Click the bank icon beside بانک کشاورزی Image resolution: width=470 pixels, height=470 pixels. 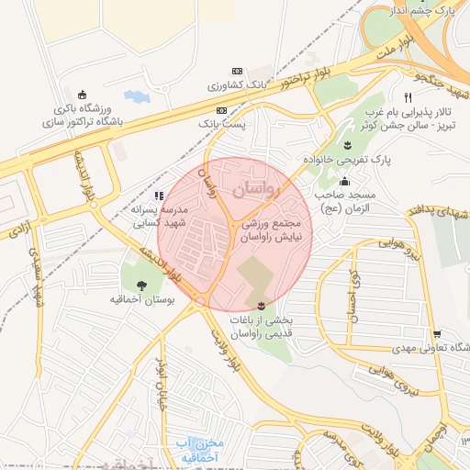(238, 71)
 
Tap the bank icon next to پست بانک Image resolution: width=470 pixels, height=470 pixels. (220, 109)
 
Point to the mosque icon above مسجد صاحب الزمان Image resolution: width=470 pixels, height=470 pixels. (343, 182)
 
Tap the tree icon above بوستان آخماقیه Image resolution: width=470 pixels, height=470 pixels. (141, 283)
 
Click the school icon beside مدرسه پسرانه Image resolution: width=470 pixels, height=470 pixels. (159, 195)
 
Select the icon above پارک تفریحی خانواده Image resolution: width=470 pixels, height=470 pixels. (347, 144)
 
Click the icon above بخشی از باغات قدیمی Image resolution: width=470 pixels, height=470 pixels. (262, 304)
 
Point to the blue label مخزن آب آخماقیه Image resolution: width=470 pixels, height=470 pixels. (198, 450)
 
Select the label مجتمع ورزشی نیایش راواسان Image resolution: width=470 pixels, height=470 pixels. (276, 230)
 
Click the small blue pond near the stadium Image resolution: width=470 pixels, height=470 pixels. (134, 95)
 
